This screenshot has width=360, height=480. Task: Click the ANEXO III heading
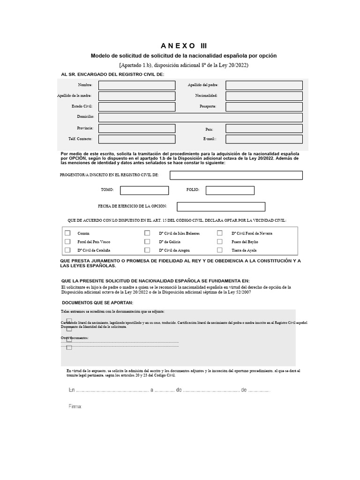[x=183, y=45]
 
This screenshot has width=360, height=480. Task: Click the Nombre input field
[x=136, y=85]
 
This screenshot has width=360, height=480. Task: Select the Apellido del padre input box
[x=264, y=85]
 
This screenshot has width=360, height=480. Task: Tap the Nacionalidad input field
[x=264, y=96]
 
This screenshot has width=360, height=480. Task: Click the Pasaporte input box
[x=264, y=107]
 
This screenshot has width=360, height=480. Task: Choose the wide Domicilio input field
[x=200, y=117]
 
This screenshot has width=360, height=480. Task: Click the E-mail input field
[x=264, y=139]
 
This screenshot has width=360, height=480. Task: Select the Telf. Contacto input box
[x=136, y=139]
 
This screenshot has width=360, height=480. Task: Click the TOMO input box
[x=144, y=190]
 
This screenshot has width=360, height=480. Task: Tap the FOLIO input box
[x=230, y=190]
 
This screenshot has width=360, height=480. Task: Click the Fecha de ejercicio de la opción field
[x=221, y=207]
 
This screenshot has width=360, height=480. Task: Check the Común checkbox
[x=67, y=233]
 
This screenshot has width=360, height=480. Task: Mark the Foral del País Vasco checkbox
[x=67, y=241]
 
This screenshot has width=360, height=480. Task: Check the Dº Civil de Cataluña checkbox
[x=67, y=250]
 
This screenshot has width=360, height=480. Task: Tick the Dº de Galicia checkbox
[x=147, y=241]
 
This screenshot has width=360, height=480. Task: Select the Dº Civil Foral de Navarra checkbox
[x=219, y=233]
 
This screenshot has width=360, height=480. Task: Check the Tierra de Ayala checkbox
[x=219, y=250]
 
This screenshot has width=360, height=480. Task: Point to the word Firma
[x=75, y=406]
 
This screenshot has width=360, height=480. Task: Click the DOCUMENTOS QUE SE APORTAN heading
[x=97, y=302]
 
